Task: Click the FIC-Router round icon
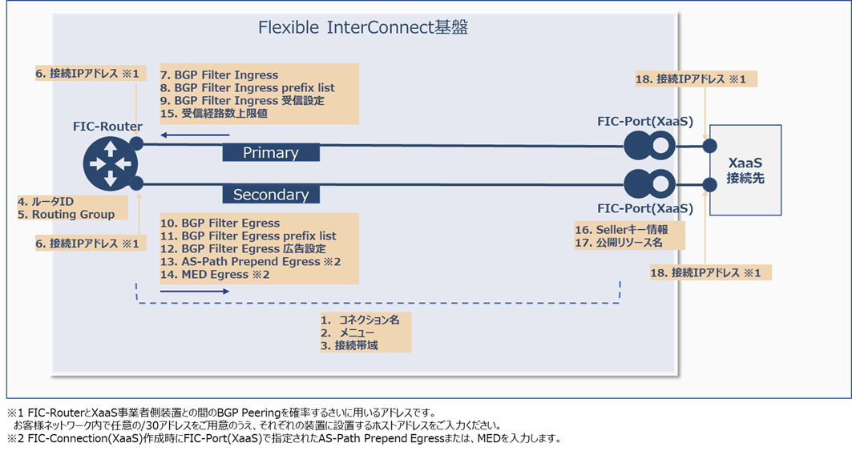[111, 163]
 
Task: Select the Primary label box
[270, 153]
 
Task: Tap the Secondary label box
[270, 195]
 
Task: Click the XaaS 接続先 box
[745, 170]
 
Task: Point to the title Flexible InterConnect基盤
[363, 28]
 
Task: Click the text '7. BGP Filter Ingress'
[220, 75]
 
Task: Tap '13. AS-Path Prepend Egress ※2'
[251, 262]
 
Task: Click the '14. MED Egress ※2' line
[215, 275]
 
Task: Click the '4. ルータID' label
[46, 201]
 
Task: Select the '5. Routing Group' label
[67, 214]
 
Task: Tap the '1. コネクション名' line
[360, 319]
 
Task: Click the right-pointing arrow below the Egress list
[194, 292]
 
